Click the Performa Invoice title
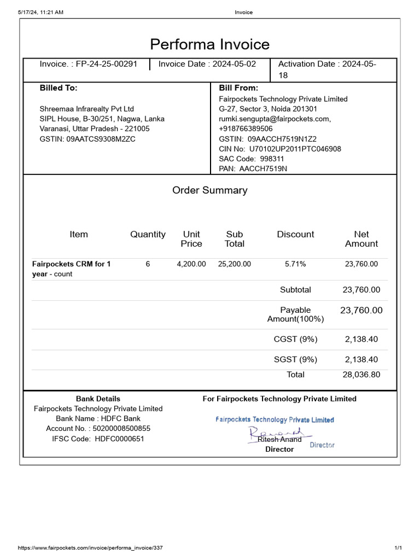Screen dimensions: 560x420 [210, 44]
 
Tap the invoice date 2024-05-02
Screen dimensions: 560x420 [234, 64]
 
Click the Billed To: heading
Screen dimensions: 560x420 [59, 87]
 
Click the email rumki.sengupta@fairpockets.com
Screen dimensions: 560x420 [275, 119]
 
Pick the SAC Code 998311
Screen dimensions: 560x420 [272, 159]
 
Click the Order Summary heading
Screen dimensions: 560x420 [210, 190]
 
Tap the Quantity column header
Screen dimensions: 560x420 [148, 235]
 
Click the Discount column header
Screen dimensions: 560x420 [295, 235]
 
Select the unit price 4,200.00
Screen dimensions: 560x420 [191, 264]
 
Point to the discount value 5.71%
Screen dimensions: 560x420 [295, 264]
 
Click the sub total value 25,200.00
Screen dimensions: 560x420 [235, 264]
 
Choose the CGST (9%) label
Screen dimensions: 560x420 [295, 339]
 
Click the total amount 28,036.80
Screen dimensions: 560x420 [361, 375]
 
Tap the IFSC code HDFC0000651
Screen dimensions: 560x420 [119, 439]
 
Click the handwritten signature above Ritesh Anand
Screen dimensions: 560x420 [273, 433]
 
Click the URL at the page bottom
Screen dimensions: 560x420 [90, 548]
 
